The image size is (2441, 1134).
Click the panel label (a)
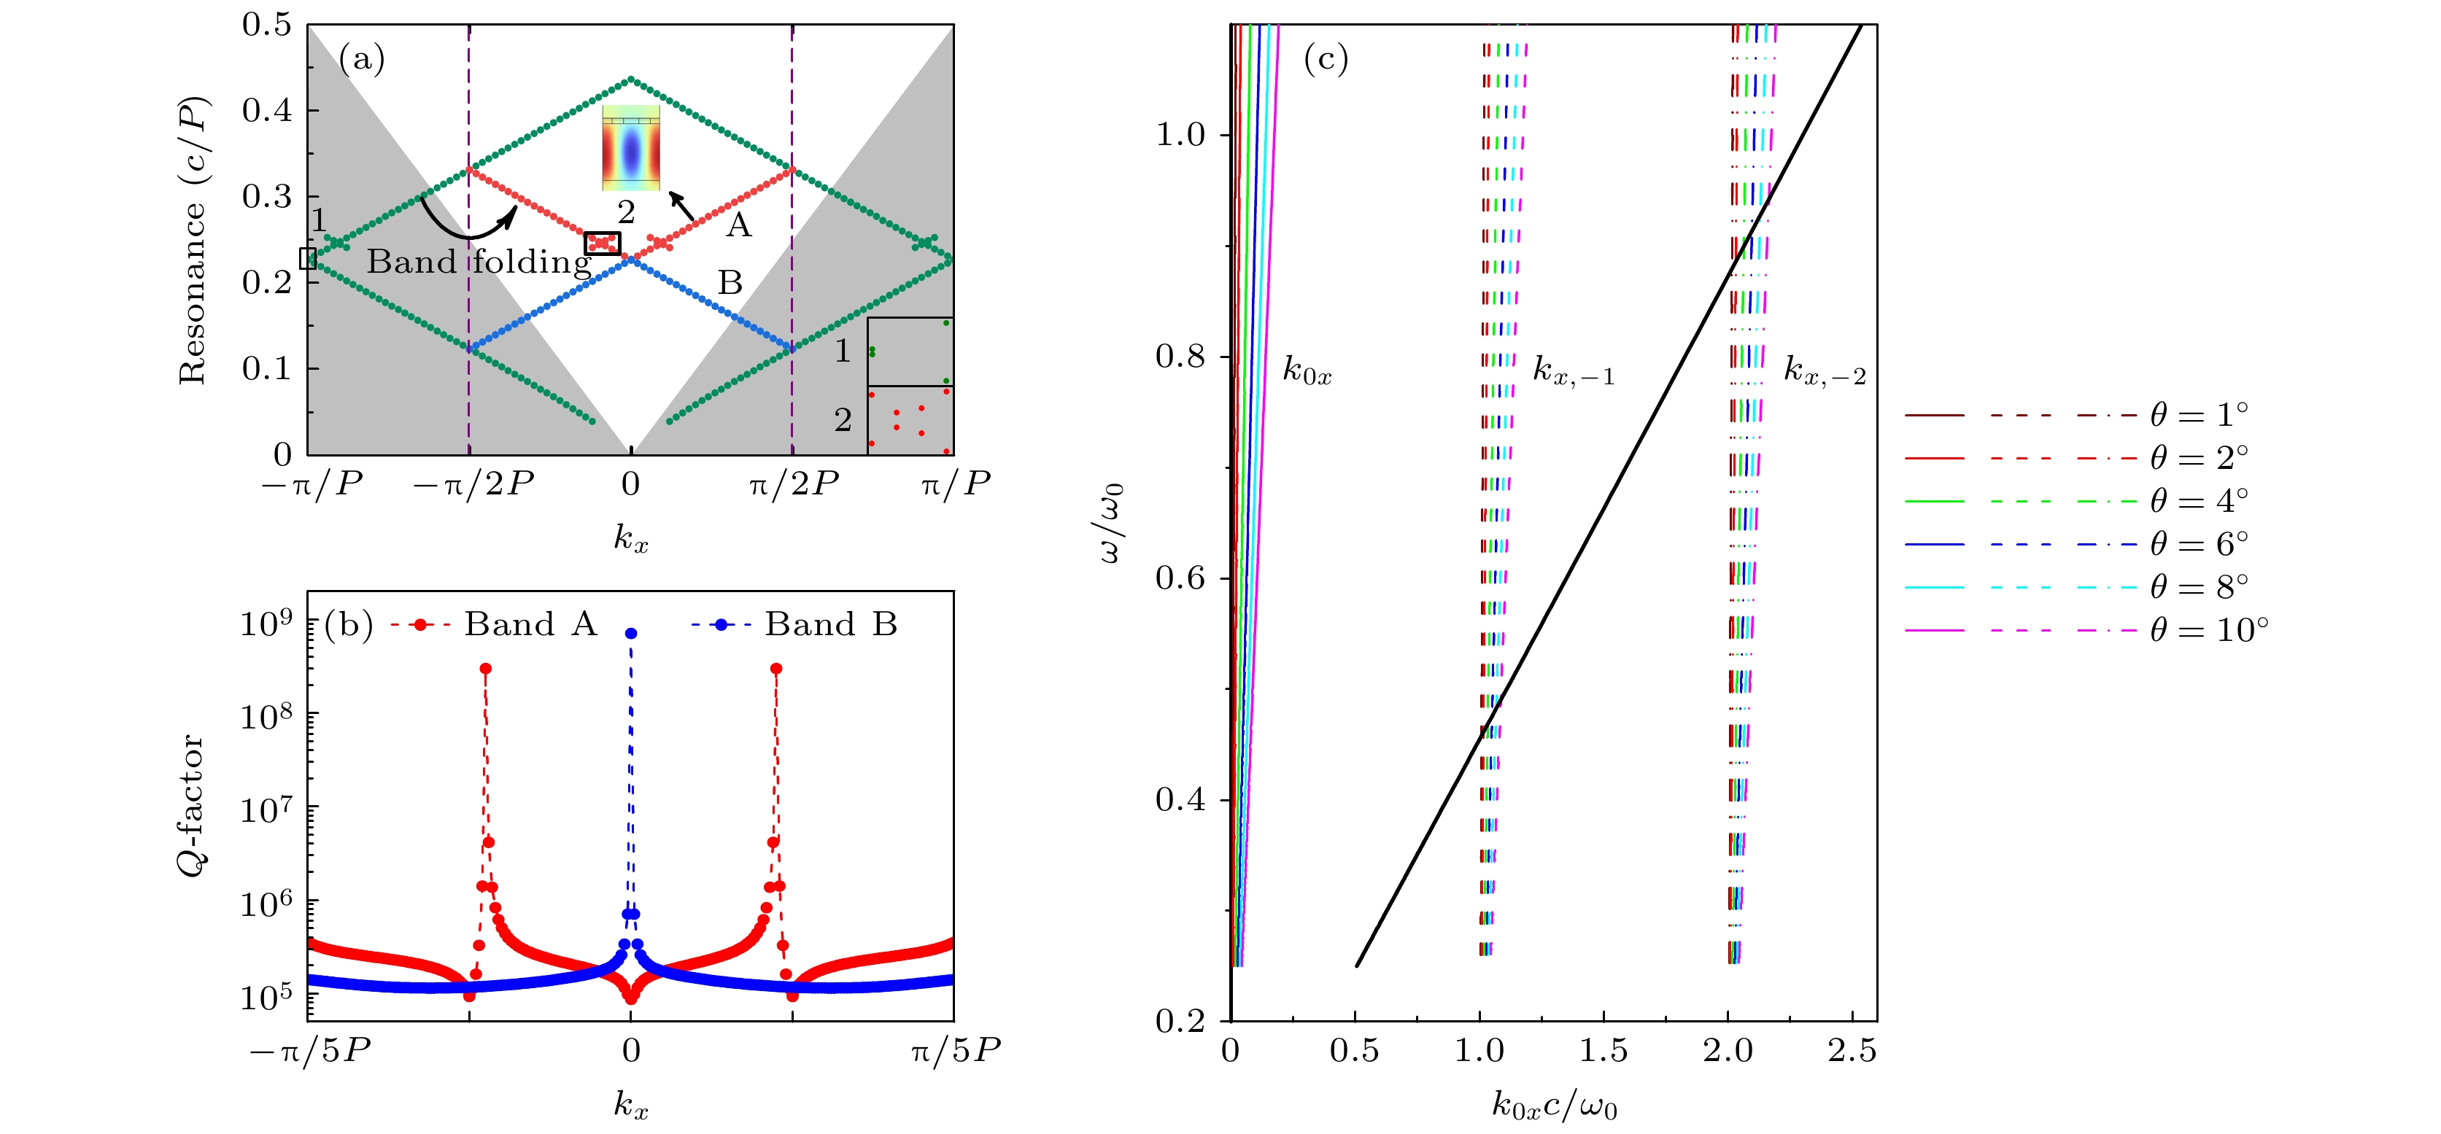coord(361,60)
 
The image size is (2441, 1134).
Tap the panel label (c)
coord(1325,60)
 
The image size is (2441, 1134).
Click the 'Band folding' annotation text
coord(479,262)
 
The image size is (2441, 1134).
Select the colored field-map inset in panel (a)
coord(630,149)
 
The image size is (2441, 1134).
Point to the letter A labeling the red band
coord(738,225)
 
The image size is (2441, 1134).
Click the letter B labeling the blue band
coord(730,282)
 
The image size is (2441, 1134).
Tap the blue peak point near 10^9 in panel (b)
coord(631,633)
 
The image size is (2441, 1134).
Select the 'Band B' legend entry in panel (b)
coord(830,624)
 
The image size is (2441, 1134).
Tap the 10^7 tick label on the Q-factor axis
coord(266,810)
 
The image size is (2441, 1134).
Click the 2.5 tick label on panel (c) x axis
coord(1852,1051)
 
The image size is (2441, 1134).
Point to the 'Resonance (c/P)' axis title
coord(193,240)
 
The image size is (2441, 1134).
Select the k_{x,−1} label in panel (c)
coord(1573,370)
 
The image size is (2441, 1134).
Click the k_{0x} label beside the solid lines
coord(1307,370)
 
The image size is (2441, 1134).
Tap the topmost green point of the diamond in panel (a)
coord(631,79)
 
